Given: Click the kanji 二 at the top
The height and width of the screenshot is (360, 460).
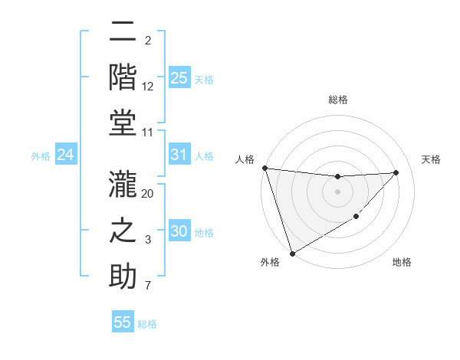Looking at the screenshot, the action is tap(123, 33).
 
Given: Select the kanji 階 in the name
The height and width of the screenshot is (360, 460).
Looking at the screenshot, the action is tap(123, 77).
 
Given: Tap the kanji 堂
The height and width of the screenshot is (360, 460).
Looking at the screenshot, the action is tap(123, 123).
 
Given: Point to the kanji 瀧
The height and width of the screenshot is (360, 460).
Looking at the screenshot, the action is tap(123, 186).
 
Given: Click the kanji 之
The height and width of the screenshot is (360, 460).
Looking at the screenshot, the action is tap(123, 231).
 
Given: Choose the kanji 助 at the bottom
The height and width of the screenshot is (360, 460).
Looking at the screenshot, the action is tap(123, 276).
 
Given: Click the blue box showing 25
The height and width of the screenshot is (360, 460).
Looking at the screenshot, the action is tap(179, 78).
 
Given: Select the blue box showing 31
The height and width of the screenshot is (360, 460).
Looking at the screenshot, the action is tap(179, 155).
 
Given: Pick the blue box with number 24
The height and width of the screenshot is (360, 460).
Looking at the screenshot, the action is tap(65, 155).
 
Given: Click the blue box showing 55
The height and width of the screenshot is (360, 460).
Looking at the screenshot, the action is tap(123, 322).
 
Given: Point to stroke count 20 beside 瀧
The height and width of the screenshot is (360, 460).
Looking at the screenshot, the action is tap(148, 194).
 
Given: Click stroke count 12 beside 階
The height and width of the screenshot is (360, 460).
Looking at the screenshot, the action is tap(148, 86).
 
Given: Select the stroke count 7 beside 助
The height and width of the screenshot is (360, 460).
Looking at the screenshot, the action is tap(148, 286).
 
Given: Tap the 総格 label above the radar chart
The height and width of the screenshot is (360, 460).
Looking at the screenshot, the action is tap(338, 100).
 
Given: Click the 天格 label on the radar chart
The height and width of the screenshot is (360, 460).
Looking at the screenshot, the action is tap(432, 159).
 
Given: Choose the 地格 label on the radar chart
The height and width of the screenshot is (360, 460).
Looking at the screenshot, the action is tap(402, 262).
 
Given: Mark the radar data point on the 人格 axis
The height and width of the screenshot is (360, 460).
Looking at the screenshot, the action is tap(264, 168).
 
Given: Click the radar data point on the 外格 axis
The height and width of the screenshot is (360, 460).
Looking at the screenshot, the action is tap(292, 254).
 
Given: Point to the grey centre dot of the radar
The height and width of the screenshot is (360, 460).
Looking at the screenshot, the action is tap(337, 191).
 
